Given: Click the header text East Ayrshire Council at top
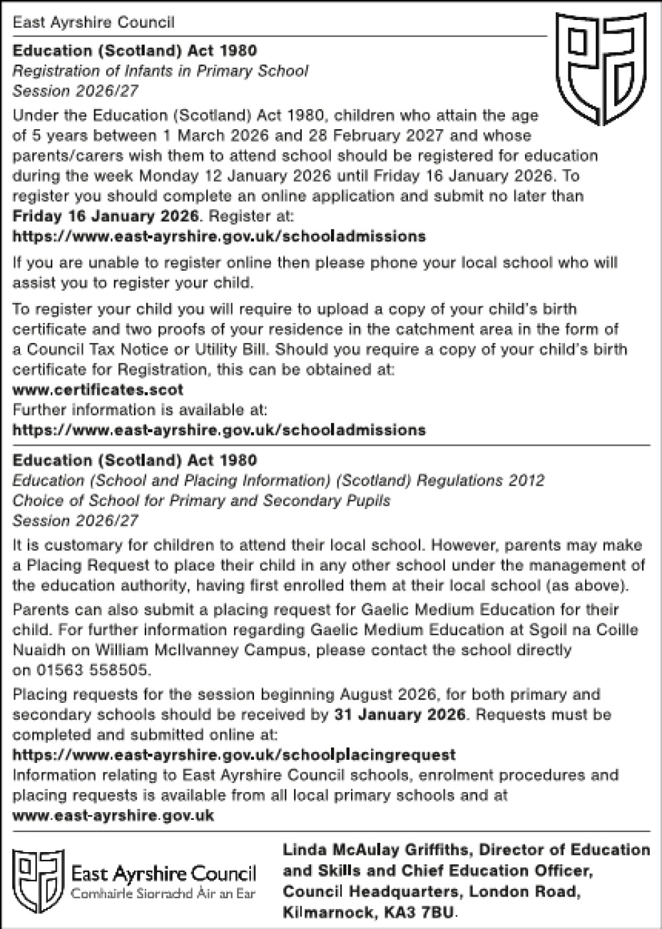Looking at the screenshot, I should (93, 23).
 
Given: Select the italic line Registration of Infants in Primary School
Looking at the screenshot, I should (160, 70).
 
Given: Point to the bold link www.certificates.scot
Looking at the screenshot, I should (98, 390).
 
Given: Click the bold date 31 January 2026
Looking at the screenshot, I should (400, 715).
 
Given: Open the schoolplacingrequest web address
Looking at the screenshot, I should (234, 755).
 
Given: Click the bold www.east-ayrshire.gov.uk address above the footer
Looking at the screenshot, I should (113, 815).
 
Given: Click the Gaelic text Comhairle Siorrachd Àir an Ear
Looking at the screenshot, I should (163, 895).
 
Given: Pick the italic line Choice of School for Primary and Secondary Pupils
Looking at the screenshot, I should (202, 501).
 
